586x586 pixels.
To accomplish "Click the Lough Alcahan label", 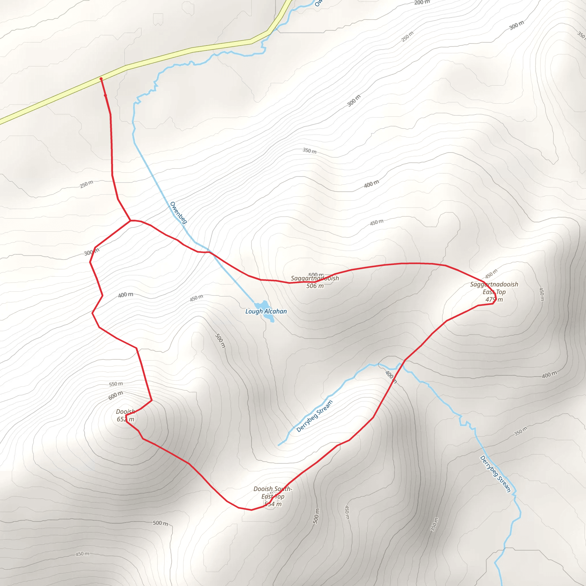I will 266,311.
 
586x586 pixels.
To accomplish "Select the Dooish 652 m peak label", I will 125,415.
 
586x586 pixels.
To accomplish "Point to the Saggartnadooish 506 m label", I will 315,282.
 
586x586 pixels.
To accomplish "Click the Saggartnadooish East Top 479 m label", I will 494,292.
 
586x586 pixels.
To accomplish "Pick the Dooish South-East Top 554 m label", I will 273,496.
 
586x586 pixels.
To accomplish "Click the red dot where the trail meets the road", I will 101,79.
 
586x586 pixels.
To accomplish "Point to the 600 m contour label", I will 116,395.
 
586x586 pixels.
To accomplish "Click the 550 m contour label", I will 116,384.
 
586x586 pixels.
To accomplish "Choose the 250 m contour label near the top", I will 407,37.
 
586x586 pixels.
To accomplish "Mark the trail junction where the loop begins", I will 130,221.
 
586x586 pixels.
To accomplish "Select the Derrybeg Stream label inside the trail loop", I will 314,416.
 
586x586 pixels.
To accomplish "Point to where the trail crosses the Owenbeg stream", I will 209,252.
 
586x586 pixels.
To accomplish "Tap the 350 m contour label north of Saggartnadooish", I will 309,151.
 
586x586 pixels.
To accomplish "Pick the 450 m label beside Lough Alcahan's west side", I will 196,298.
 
